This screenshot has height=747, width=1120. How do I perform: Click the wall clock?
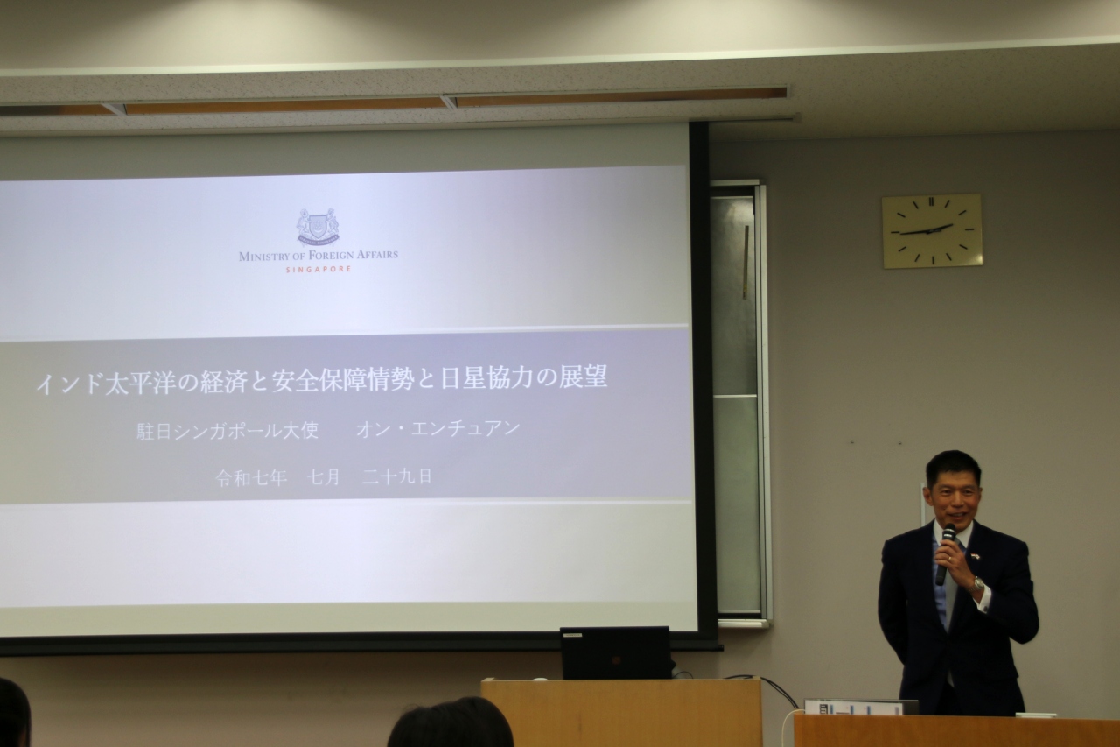(932, 230)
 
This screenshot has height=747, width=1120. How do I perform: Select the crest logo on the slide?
(318, 229)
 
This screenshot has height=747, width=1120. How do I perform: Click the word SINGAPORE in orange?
(318, 270)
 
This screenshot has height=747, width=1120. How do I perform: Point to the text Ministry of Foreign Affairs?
(318, 256)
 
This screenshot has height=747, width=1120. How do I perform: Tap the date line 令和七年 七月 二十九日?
(324, 477)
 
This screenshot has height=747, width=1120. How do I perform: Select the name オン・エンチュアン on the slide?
(438, 430)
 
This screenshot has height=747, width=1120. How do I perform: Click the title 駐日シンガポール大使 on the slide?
(227, 431)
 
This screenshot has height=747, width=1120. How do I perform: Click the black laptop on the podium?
(615, 652)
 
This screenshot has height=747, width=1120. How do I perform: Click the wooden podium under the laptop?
(622, 713)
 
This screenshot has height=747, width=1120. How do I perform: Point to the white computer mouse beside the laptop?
(540, 679)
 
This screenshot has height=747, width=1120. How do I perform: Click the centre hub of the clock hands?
(932, 230)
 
